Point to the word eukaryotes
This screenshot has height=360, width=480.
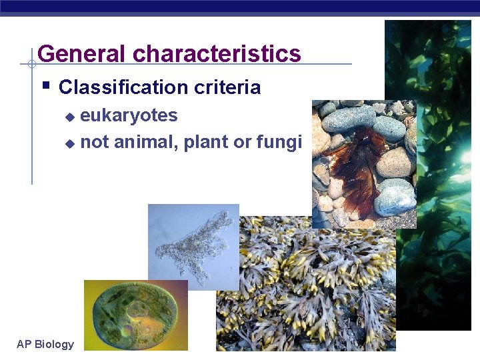129,115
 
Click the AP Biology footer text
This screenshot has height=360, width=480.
45,344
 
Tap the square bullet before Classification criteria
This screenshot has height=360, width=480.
45,85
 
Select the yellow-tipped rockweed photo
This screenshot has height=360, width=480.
307,287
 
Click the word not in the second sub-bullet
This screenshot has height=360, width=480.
95,142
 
